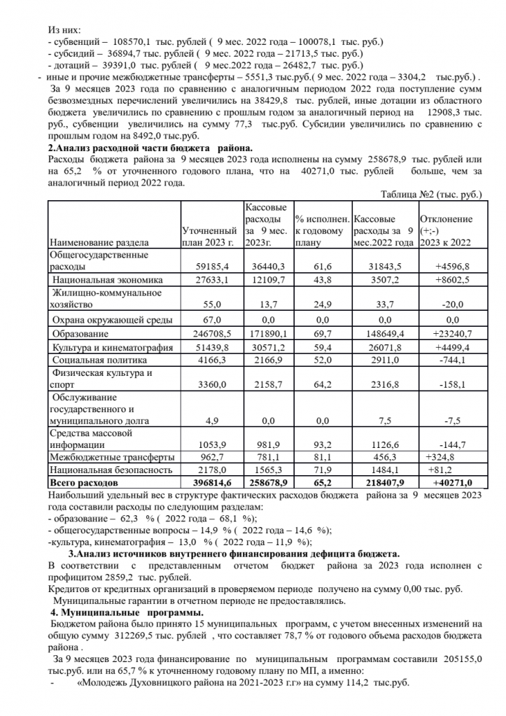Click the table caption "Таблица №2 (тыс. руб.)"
[431, 194]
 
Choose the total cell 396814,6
[209, 483]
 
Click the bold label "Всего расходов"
[85, 483]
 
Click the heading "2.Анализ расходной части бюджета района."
[150, 148]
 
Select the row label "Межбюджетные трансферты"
[102, 456]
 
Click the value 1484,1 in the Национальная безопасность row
[386, 470]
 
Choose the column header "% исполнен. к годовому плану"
[321, 231]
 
